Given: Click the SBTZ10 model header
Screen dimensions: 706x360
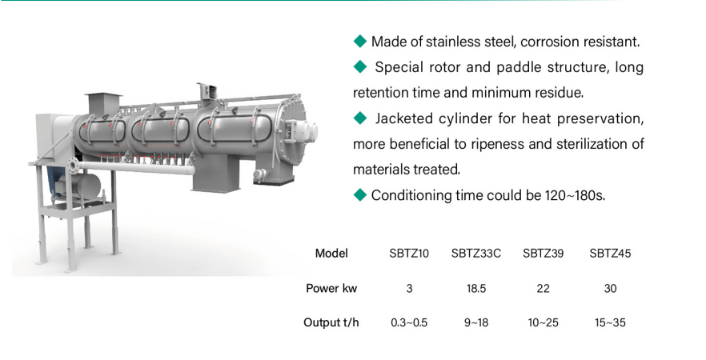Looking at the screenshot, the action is pos(409,254).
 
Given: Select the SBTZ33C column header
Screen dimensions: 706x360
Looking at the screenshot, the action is pos(476,254).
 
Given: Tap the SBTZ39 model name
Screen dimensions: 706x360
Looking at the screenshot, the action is pos(543,254).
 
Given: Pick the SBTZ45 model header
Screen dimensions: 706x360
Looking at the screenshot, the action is pos(610,254).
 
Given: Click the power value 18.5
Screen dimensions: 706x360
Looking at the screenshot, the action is pos(476,288).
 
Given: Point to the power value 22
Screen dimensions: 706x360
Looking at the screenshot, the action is pos(543,288).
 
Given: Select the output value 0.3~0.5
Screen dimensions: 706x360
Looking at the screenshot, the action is pos(409,322).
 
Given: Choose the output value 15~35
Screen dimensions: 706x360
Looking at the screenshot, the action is pos(610,322).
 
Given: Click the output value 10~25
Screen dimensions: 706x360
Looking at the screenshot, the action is pos(543,322).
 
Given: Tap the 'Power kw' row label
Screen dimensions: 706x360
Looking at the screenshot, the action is pos(331,288).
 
